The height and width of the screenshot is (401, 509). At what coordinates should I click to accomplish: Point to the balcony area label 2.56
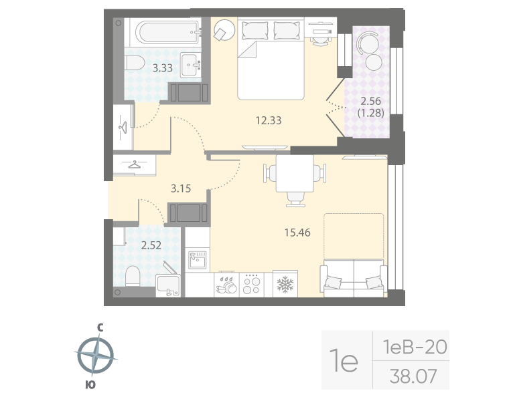(x=370, y=102)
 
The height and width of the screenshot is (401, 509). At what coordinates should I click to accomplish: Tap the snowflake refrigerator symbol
(x=287, y=284)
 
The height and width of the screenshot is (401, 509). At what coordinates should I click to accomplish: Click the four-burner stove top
(x=252, y=285)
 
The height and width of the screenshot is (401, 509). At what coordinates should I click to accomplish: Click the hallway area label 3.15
(x=181, y=188)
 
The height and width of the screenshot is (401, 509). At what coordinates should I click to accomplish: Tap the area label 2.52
(x=151, y=245)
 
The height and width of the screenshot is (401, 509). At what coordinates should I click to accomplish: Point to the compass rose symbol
(x=94, y=355)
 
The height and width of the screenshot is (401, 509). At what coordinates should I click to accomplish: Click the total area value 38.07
(x=413, y=376)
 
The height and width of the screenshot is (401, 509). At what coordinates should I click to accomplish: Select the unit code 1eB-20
(x=414, y=347)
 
